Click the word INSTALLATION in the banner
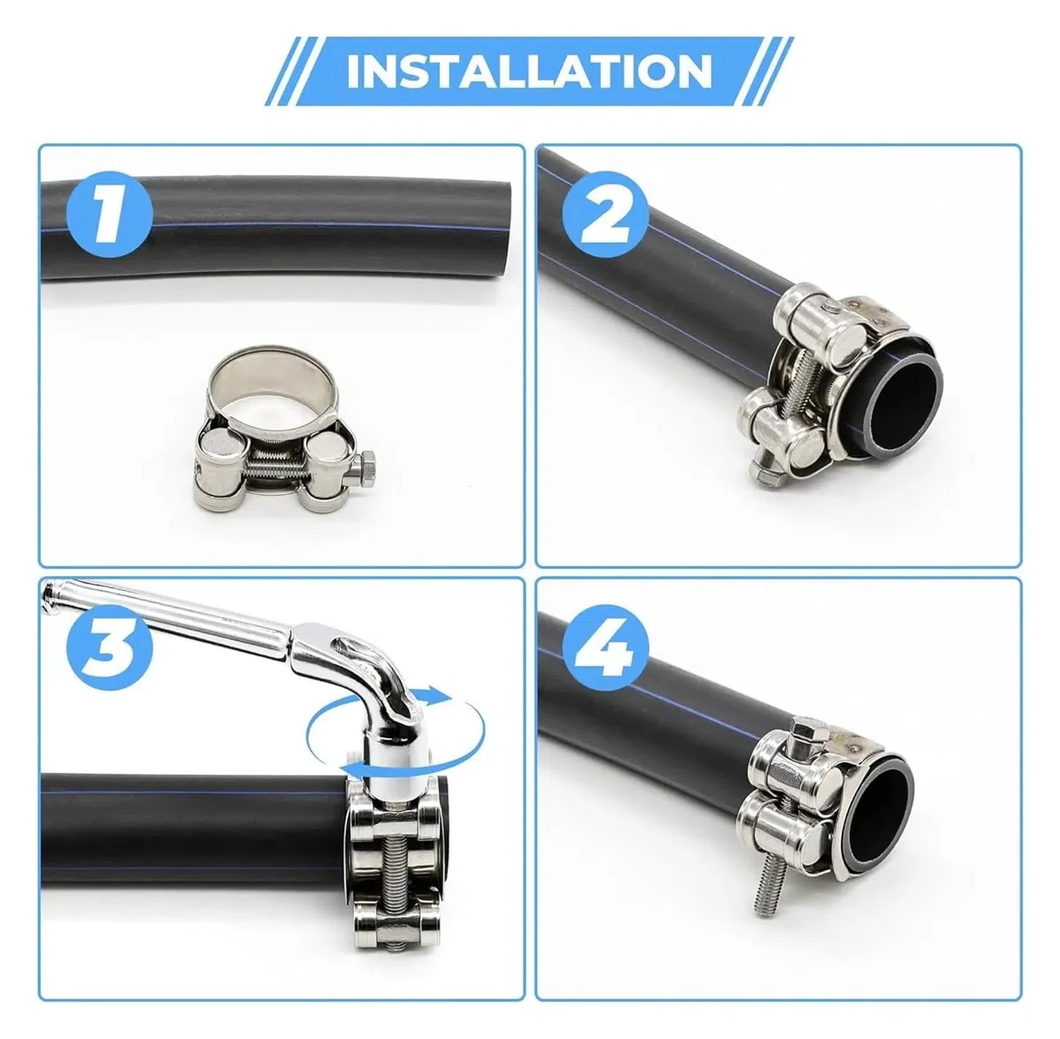(x=530, y=71)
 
